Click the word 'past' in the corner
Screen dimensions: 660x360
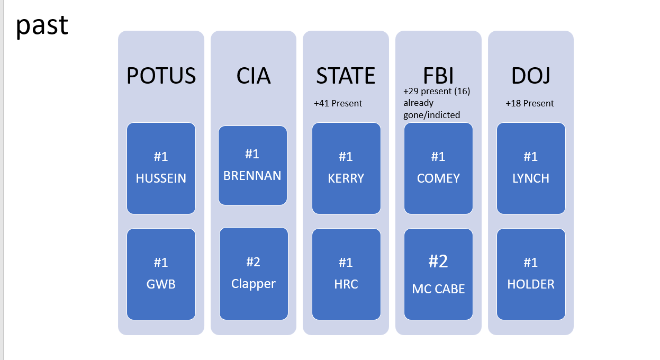[x=42, y=26]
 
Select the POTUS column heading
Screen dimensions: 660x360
[x=161, y=76]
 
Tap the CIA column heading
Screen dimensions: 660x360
[x=254, y=76]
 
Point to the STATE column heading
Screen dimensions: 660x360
[x=346, y=76]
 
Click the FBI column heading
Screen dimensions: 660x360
[x=438, y=76]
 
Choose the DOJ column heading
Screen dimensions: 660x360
[x=531, y=76]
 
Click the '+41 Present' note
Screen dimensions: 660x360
[x=338, y=103]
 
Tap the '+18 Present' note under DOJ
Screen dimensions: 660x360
[x=530, y=103]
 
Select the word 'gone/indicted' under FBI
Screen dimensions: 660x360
[x=432, y=115]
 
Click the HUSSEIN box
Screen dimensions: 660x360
[x=161, y=168]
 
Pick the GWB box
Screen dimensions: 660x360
[x=161, y=274]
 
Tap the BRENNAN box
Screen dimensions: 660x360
[x=252, y=165]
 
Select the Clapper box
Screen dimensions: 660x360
[x=254, y=274]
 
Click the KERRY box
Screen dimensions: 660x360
[x=346, y=168]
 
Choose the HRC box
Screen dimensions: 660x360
[x=346, y=274]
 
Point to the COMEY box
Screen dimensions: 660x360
[x=438, y=168]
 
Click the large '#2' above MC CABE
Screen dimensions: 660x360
[x=438, y=261]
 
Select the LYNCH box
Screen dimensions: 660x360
[x=531, y=168]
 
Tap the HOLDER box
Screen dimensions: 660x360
[x=531, y=274]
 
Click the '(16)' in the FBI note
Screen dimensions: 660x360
[x=462, y=91]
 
